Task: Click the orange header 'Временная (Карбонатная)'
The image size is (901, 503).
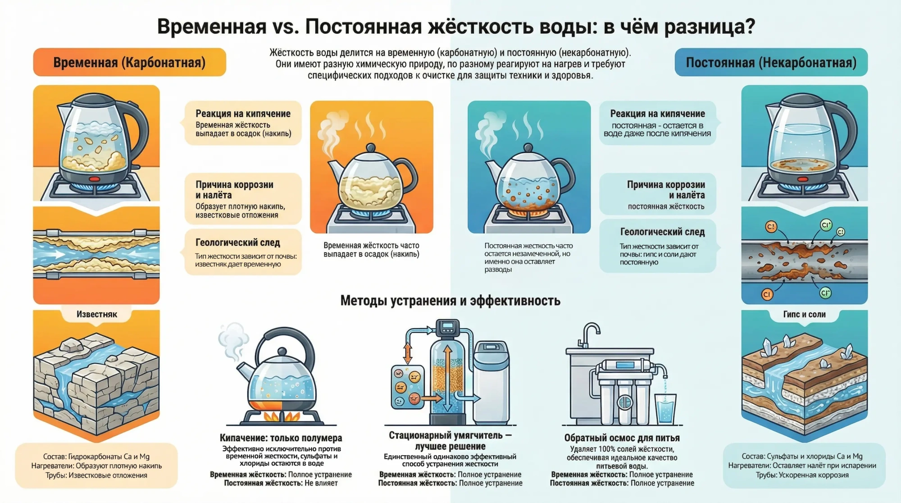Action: pyautogui.click(x=129, y=62)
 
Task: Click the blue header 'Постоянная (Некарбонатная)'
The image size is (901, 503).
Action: pyautogui.click(x=771, y=62)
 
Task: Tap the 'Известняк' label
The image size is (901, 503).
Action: pyautogui.click(x=97, y=314)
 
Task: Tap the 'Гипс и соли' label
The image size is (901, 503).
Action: pyautogui.click(x=804, y=314)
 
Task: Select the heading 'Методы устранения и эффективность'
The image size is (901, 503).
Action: pyautogui.click(x=450, y=301)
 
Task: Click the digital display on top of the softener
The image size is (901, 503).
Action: pyautogui.click(x=447, y=325)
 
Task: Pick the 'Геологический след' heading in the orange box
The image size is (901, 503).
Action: pyautogui.click(x=238, y=242)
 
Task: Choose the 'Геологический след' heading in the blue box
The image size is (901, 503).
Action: pyautogui.click(x=663, y=232)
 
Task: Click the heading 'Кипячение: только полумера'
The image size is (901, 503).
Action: pyautogui.click(x=281, y=438)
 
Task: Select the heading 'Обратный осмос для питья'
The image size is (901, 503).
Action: pyautogui.click(x=622, y=438)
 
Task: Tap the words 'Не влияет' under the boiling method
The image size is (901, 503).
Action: pyautogui.click(x=321, y=483)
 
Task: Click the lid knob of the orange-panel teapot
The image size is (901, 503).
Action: pyautogui.click(x=371, y=148)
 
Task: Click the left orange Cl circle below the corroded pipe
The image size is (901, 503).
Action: pyautogui.click(x=767, y=295)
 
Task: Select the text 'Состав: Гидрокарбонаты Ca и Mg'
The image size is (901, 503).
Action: pyautogui.click(x=96, y=456)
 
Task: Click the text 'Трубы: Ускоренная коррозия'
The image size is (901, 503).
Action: pyautogui.click(x=802, y=475)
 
